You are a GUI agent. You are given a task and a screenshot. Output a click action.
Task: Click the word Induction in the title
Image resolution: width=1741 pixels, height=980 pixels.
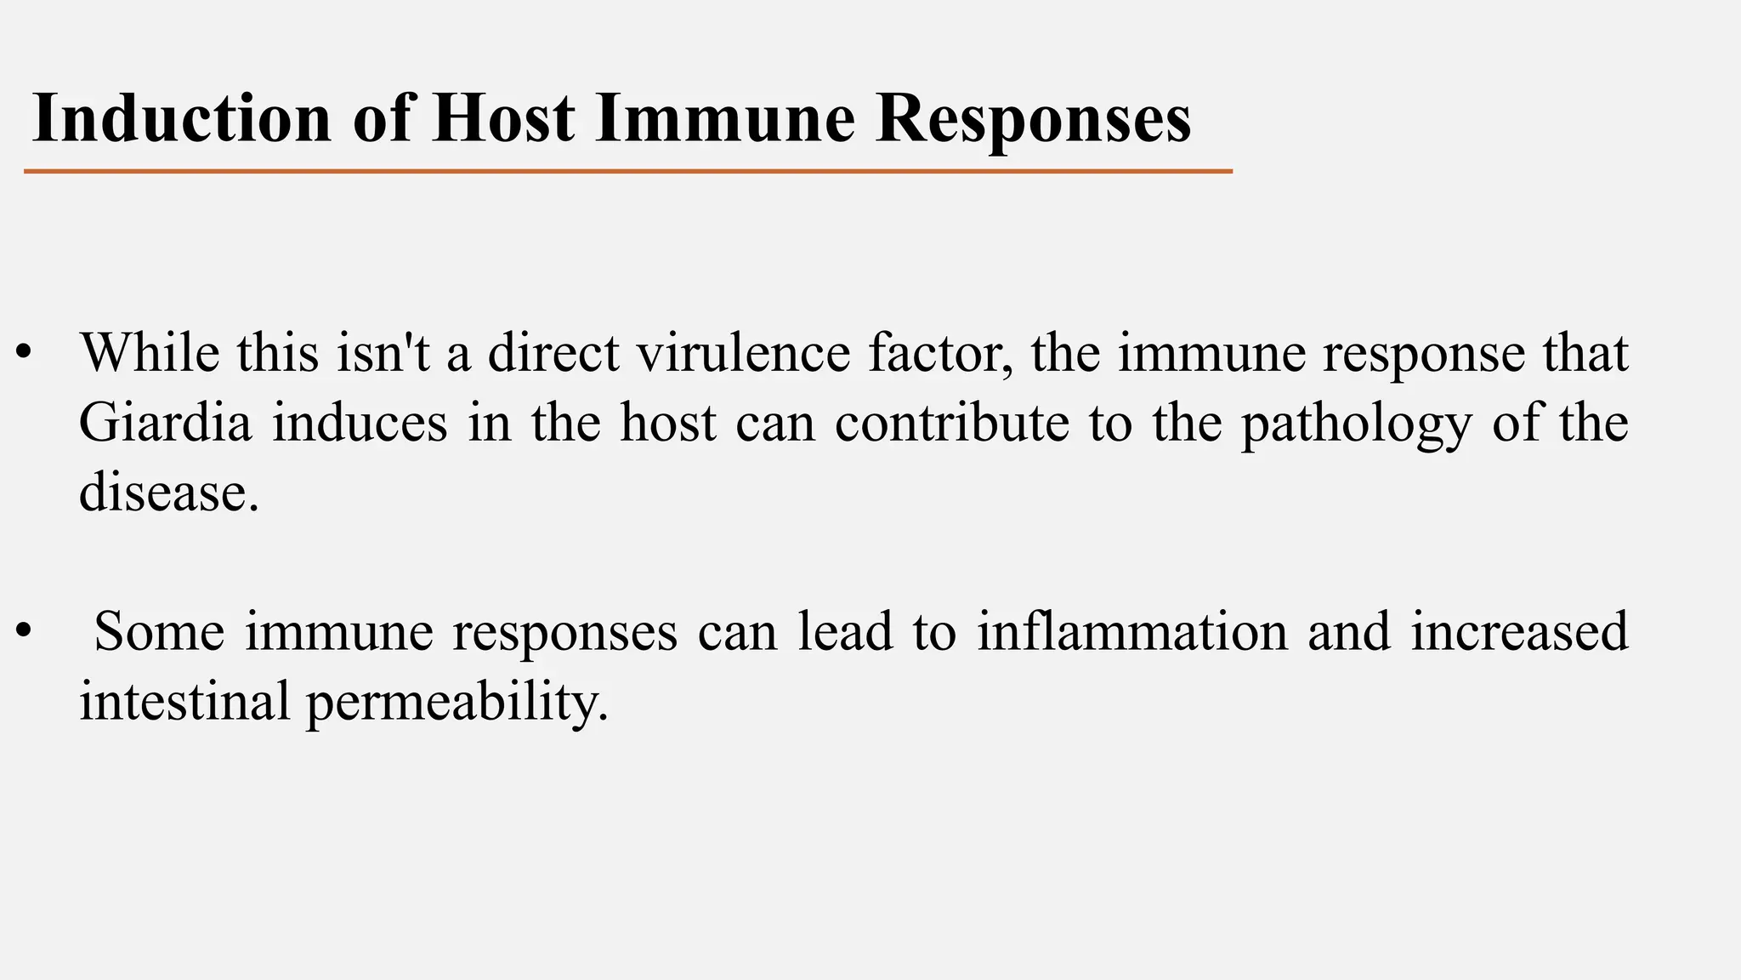click(181, 118)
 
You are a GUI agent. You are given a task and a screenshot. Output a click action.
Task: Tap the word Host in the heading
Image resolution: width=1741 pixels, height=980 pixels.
click(502, 118)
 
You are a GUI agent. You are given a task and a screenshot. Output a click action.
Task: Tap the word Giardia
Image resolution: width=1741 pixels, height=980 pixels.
click(165, 422)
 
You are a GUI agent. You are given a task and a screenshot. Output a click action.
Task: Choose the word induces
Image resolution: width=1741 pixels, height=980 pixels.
click(360, 422)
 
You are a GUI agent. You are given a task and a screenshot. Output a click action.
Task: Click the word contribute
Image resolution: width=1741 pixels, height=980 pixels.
click(951, 422)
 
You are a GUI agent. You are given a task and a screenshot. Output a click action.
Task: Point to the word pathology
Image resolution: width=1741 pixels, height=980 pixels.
click(1356, 424)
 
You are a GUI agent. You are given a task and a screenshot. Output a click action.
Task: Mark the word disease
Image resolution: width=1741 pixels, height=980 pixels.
click(168, 492)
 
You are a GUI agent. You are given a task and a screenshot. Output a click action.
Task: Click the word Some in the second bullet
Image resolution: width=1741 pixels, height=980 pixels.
click(159, 630)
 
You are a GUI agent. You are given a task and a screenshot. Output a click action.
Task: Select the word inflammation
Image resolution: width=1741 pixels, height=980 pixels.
click(1132, 630)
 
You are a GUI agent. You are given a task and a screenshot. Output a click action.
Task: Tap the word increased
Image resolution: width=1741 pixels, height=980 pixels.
click(1519, 630)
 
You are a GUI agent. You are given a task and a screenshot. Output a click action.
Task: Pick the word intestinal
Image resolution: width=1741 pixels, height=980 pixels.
click(184, 700)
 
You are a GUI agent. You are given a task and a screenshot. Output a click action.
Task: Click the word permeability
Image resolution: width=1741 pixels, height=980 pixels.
click(457, 702)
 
